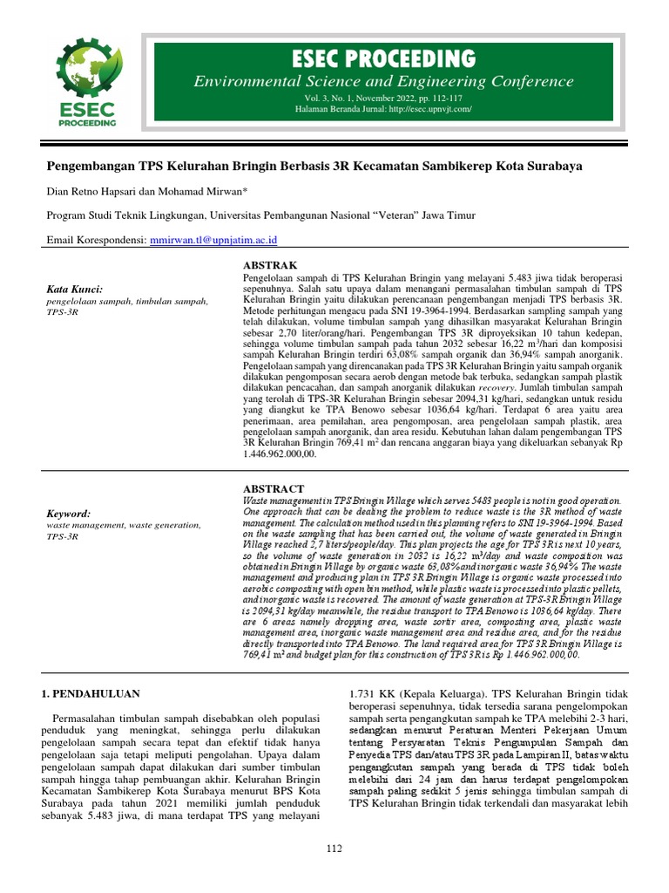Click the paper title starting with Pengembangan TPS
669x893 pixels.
coord(313,165)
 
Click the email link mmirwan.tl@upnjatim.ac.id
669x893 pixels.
coord(214,240)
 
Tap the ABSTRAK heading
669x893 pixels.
coord(269,264)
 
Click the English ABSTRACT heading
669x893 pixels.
coord(273,489)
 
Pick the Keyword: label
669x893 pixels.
coord(69,515)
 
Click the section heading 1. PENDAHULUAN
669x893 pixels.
coord(91,693)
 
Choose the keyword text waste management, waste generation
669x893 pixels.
coord(123,526)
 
